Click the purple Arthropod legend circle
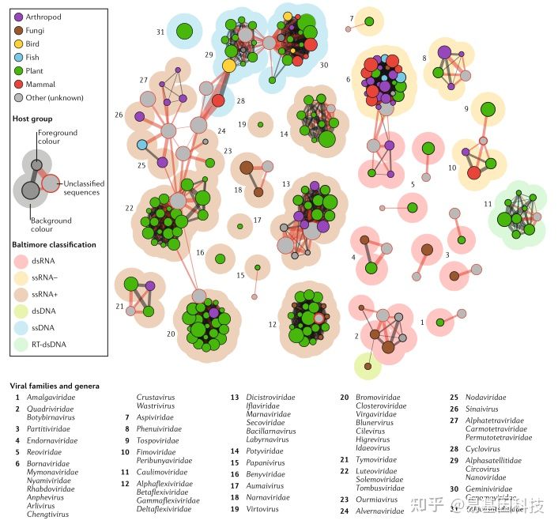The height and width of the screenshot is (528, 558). pos(18,17)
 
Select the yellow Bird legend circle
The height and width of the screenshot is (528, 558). pos(18,43)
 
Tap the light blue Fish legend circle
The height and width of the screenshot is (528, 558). pos(18,57)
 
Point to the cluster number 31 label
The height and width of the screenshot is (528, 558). pos(160,32)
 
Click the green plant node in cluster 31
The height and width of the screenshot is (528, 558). pos(184,32)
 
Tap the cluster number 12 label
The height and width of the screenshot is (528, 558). pos(273,325)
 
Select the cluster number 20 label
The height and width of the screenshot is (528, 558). pos(170,334)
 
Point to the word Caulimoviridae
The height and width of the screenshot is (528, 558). pos(164,472)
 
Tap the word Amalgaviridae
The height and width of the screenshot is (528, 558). pos(52,398)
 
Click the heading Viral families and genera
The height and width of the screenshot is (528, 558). pos(55,386)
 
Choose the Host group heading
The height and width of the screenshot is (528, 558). pos(32,119)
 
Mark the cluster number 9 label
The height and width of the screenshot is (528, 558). pos(466,108)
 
